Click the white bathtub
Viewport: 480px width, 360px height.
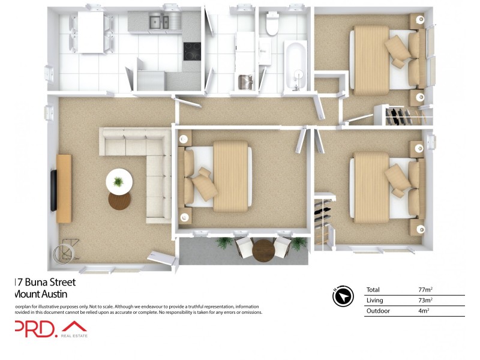295,65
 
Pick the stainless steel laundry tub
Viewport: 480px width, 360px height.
245,81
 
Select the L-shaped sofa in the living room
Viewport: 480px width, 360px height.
144,171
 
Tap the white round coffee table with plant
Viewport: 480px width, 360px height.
119,180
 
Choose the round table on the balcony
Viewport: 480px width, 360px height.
262,251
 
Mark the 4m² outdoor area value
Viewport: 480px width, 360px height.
424,311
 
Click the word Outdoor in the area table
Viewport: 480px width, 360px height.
378,311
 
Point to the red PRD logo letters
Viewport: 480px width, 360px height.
35,329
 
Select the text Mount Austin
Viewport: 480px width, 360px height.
40,294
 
